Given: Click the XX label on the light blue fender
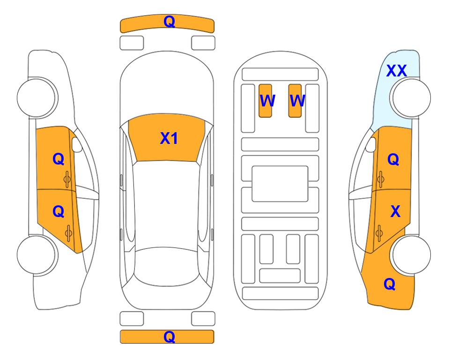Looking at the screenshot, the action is [x=396, y=71].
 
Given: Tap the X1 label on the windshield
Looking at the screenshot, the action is [x=169, y=138].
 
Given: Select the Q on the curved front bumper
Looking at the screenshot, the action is [x=169, y=21].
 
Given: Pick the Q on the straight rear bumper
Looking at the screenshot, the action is [x=169, y=337].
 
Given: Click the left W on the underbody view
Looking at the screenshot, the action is [x=267, y=101].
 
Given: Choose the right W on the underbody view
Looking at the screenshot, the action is [x=297, y=101].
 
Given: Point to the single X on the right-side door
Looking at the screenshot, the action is [x=395, y=211].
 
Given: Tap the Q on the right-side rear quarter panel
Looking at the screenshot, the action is [x=390, y=284].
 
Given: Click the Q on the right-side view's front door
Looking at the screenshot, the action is [x=393, y=159].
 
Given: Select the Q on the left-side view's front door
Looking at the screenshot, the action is [x=59, y=159].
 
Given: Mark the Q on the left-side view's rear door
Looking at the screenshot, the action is [x=59, y=212].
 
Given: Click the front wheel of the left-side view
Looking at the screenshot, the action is [x=37, y=97].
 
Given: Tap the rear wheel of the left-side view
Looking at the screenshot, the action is [x=37, y=255].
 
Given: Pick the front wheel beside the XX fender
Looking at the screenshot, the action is [x=411, y=97].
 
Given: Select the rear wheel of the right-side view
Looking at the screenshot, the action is [x=411, y=255].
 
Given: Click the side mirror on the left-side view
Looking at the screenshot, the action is [x=77, y=144].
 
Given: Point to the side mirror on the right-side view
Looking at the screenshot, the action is [x=371, y=144].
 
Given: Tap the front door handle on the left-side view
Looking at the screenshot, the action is [x=67, y=180].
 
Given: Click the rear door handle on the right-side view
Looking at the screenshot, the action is [x=379, y=233].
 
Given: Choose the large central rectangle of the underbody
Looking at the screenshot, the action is [x=280, y=184].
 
